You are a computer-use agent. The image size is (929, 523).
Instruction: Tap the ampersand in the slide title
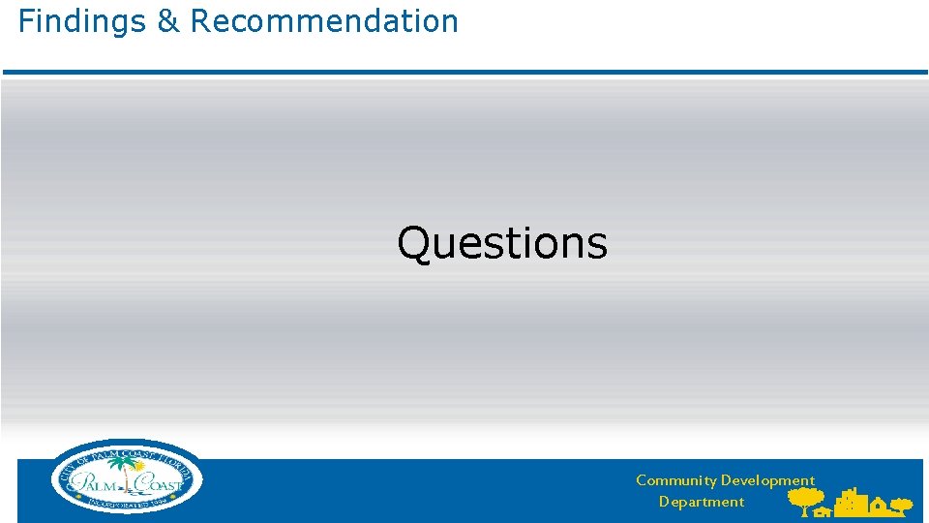169,20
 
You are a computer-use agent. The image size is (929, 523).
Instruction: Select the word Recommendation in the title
324,20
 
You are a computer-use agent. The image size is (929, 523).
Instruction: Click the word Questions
502,243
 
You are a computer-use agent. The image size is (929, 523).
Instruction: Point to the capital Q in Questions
414,243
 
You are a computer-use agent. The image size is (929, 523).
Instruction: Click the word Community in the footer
675,480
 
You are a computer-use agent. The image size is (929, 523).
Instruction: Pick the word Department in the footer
702,502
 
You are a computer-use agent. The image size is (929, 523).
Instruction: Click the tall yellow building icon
852,502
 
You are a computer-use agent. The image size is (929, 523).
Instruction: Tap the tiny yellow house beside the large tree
824,512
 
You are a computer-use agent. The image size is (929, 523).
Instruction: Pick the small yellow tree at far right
902,505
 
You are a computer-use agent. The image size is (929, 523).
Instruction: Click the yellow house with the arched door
878,505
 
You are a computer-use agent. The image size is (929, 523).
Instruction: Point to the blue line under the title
464,72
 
